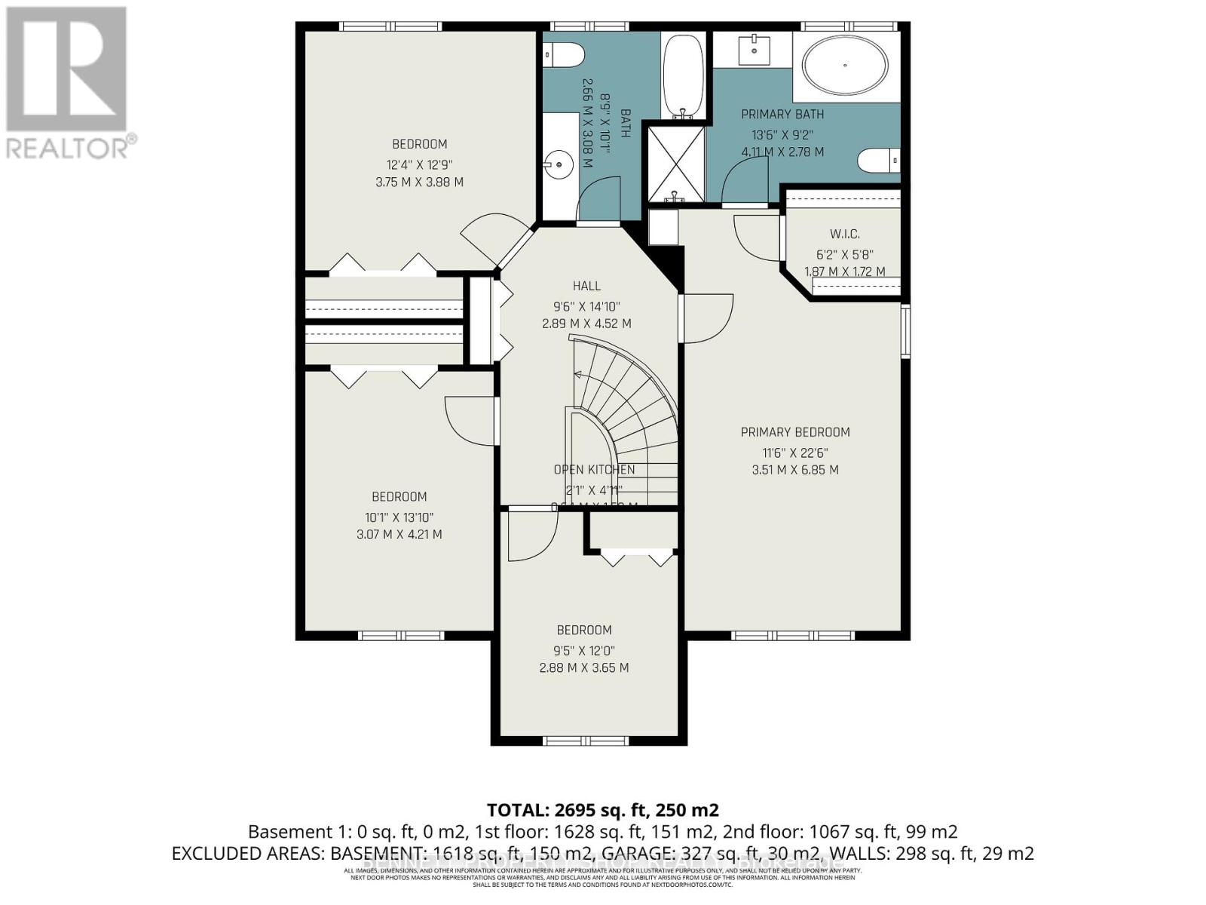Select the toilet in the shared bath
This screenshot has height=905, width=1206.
565,54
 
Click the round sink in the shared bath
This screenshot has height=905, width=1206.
559,163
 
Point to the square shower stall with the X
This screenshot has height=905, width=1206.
676,163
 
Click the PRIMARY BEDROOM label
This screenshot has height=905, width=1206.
795,432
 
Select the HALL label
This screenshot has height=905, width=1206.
586,286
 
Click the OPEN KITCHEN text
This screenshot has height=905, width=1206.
594,470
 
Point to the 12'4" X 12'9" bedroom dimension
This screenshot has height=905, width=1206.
419,164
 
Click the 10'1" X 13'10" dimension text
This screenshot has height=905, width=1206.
399,517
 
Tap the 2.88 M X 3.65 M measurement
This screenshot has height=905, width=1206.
583,667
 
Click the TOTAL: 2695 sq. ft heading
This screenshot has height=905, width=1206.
602,810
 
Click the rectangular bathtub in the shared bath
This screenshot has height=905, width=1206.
683,75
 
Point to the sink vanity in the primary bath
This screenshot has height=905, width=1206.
754,50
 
